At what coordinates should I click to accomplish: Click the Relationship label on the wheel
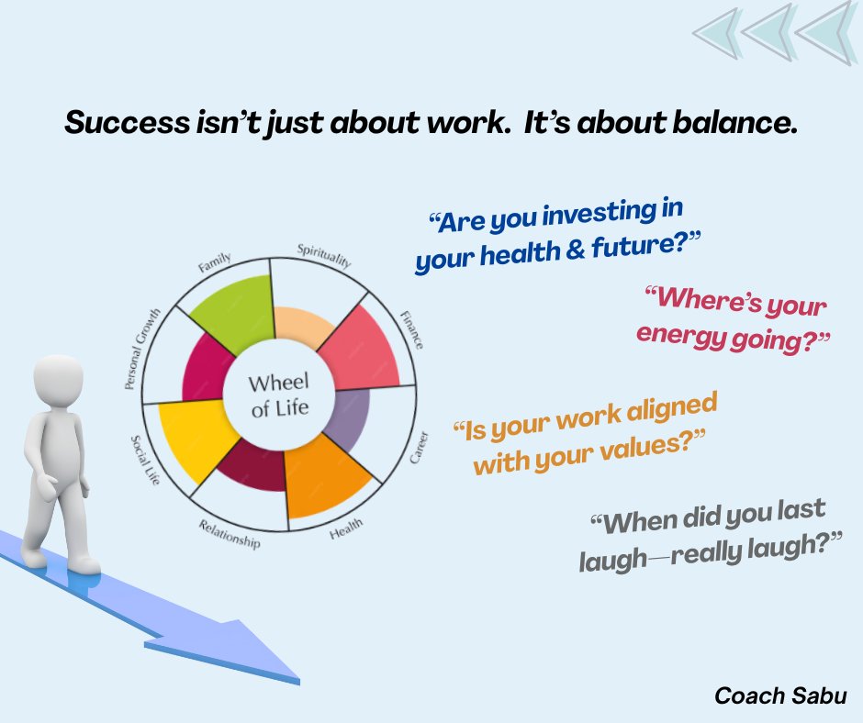tap(230, 535)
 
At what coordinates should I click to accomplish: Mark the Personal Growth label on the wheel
tap(146, 350)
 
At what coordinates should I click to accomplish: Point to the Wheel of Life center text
tap(280, 395)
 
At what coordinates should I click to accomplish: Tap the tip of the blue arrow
tap(297, 679)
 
